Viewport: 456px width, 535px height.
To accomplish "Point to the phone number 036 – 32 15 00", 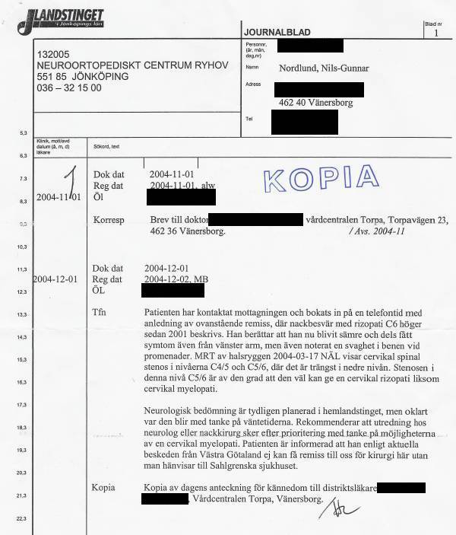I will [68, 88].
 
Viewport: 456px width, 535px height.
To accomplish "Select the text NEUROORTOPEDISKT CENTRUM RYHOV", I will [132, 65].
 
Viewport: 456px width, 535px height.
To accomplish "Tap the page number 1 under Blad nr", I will [436, 33].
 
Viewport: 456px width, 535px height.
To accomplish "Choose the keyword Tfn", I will [99, 313].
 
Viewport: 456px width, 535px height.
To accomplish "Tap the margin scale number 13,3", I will [21, 314].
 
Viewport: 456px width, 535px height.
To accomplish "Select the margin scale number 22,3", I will [21, 519].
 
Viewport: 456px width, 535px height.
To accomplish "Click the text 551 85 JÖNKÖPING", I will [82, 77].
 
